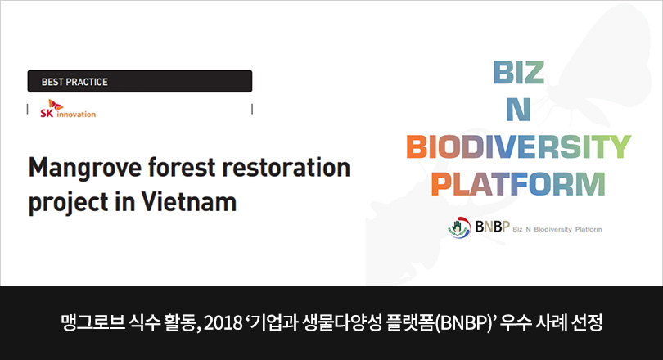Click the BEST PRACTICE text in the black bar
[x=74, y=82]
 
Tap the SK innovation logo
[x=68, y=109]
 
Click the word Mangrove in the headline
[x=85, y=169]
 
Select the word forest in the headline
[x=182, y=168]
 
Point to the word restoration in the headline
[x=286, y=168]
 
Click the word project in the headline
[x=69, y=203]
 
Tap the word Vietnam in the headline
[x=188, y=201]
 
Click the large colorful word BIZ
[x=518, y=73]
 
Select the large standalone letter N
[x=518, y=110]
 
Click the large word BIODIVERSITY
[x=519, y=146]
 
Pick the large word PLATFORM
[x=518, y=184]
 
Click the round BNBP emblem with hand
[x=459, y=227]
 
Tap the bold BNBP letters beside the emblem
[x=493, y=227]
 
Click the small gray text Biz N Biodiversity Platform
[x=557, y=229]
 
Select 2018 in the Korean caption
[x=222, y=323]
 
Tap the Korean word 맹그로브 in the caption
[x=93, y=323]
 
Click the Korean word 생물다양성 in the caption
[x=342, y=323]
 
